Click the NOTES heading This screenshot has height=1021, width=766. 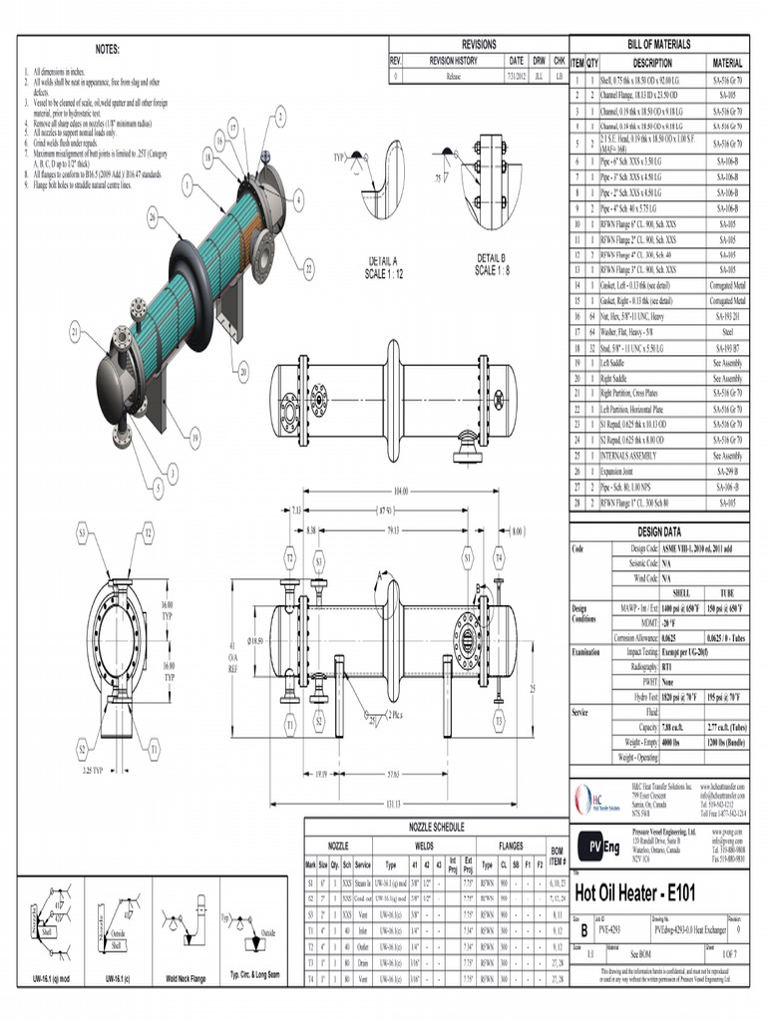pos(107,49)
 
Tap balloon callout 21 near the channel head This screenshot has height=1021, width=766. pos(75,331)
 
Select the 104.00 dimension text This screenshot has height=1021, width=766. pos(401,493)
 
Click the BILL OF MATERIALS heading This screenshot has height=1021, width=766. pos(658,46)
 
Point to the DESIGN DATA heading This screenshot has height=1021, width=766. pos(658,532)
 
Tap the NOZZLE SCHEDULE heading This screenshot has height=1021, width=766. pos(434,828)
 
